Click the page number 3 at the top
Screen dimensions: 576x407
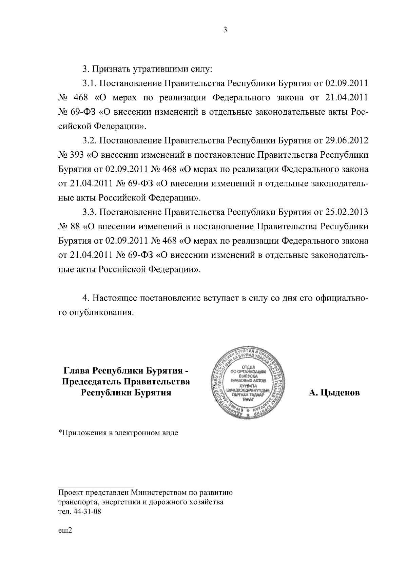225,30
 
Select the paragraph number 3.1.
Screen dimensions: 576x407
89,83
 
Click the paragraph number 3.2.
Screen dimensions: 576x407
89,140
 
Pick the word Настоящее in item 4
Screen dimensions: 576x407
115,298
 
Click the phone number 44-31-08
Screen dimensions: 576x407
84,512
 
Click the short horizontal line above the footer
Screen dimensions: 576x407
96,486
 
